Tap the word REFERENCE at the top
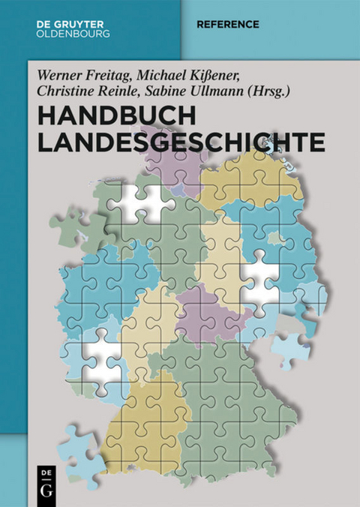pos(228,25)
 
